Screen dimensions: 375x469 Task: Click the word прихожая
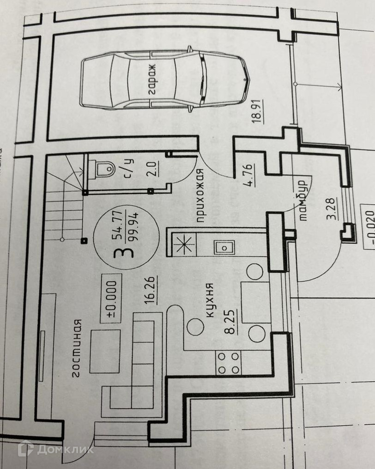coord(200,196)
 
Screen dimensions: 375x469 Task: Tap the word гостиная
coord(77,347)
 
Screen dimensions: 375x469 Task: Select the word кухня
coord(209,299)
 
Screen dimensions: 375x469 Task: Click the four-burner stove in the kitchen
coord(229,363)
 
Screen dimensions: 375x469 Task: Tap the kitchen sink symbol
coord(223,247)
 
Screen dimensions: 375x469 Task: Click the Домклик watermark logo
coord(55,448)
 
